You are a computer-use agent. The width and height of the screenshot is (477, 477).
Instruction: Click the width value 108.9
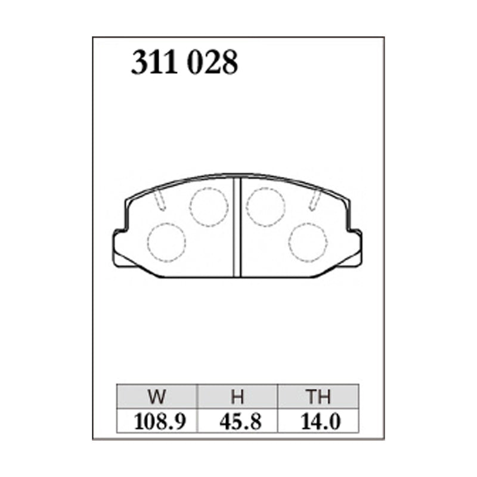click(x=157, y=421)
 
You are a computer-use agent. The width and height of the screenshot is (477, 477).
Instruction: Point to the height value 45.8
click(x=237, y=421)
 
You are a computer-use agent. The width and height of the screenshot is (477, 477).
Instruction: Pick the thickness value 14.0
click(x=318, y=421)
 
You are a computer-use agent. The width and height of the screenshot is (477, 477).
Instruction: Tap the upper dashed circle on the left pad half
click(x=209, y=207)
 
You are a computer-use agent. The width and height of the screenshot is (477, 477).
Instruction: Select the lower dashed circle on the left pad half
click(x=166, y=243)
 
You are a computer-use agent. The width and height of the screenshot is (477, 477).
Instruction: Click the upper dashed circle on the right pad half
click(x=265, y=207)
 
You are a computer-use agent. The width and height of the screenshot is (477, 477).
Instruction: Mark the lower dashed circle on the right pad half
click(x=308, y=243)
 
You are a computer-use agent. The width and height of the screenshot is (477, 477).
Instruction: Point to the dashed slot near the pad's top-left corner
click(x=159, y=201)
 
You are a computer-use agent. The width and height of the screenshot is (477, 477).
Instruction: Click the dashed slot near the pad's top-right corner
click(x=315, y=201)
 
